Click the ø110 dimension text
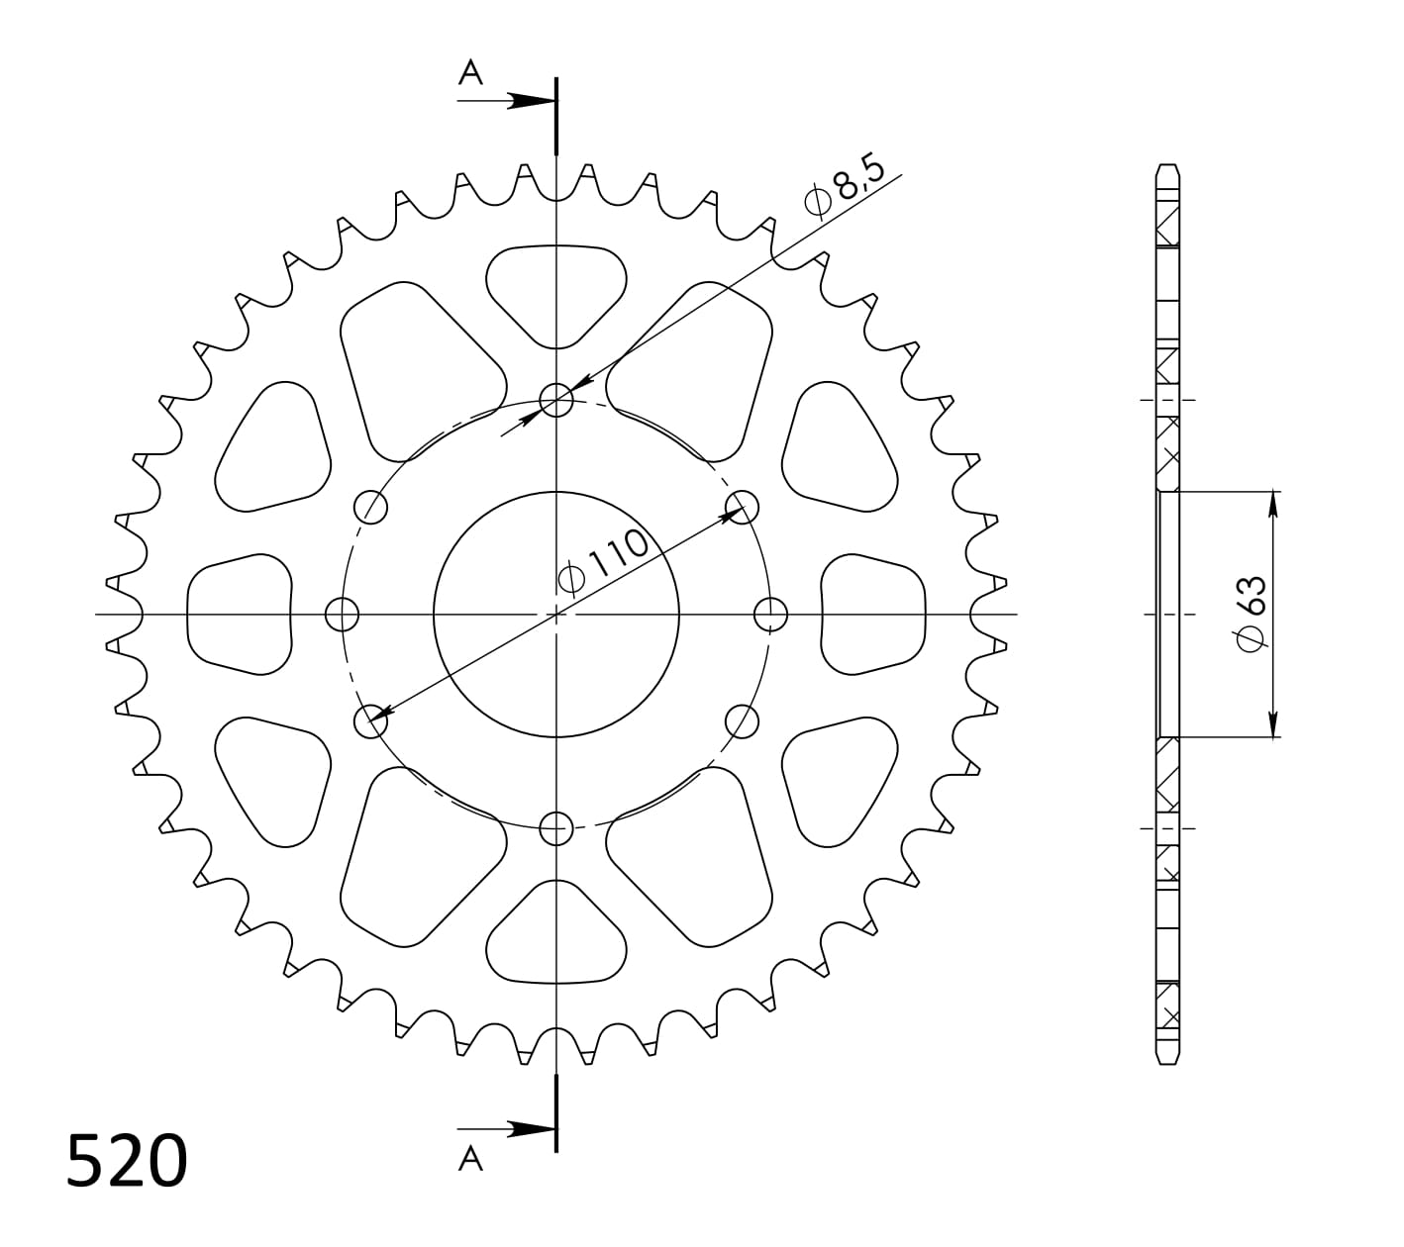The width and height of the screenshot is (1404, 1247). [604, 562]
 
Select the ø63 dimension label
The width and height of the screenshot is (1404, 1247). [1251, 613]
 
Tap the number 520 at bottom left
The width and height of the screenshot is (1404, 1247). [127, 1161]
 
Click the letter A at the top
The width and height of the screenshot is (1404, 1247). [470, 72]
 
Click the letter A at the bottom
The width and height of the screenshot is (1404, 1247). [471, 1158]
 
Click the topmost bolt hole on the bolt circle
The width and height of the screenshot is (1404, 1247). [556, 401]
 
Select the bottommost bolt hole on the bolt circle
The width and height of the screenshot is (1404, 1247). [556, 827]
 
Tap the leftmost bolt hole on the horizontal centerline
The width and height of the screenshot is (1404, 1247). [343, 615]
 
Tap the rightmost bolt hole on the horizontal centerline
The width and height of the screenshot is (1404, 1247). [770, 615]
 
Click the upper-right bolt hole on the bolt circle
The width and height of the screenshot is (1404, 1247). [742, 508]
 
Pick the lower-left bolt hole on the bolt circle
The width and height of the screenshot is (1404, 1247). [371, 720]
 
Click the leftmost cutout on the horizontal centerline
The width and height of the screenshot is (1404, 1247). [240, 615]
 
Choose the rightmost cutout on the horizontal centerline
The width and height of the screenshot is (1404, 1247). [873, 615]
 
